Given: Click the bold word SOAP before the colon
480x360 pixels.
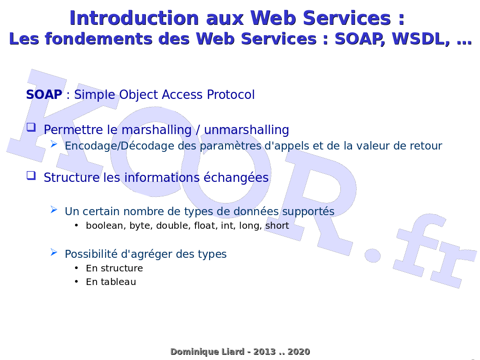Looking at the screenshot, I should [x=44, y=95].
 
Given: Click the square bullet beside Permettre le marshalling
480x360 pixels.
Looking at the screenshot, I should [x=31, y=127].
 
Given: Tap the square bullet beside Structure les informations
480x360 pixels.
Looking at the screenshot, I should [x=31, y=175].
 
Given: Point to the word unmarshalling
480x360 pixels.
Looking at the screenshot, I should [x=246, y=130].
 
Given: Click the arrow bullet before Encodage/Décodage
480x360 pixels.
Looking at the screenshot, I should [x=54, y=144].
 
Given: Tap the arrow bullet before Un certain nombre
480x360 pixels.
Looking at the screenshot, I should [x=54, y=210].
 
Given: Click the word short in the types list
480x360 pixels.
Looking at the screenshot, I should [x=277, y=225].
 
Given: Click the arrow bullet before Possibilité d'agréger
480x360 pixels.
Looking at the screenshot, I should [x=54, y=252].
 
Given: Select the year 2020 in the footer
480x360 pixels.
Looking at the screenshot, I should [x=299, y=352].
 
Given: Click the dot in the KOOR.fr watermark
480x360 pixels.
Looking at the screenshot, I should [x=373, y=255].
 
